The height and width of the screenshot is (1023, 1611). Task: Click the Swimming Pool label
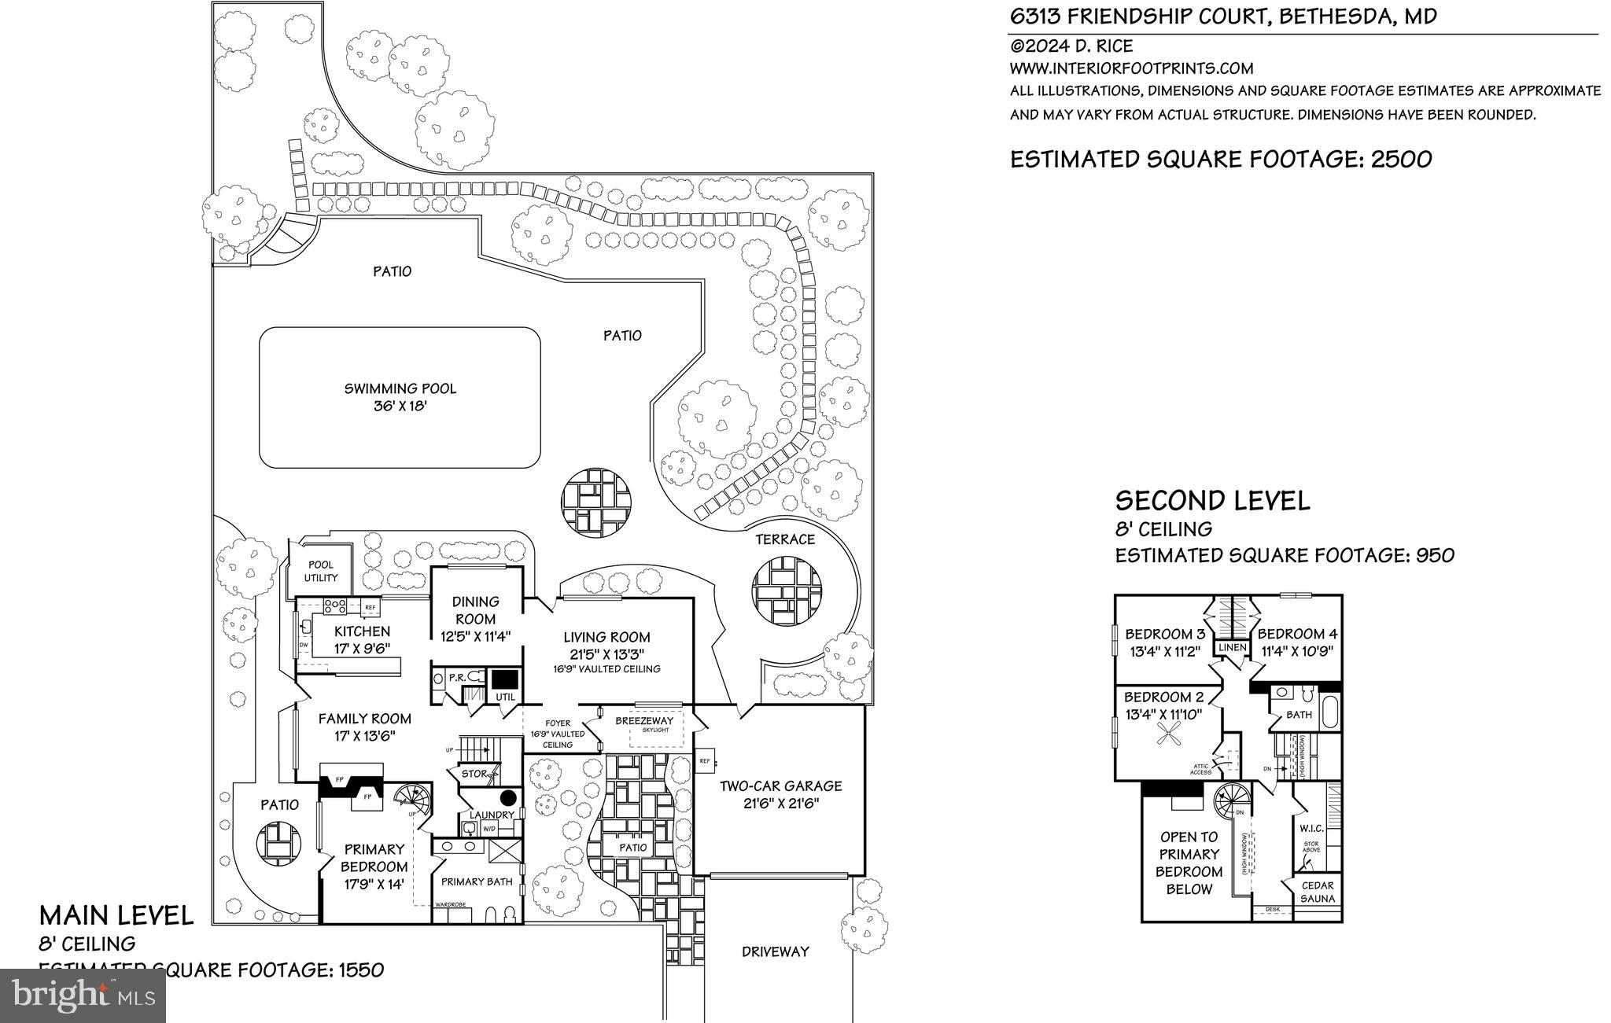pyautogui.click(x=400, y=388)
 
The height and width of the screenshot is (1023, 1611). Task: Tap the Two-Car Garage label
pyautogui.click(x=780, y=786)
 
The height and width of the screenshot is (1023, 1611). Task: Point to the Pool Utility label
pyautogui.click(x=321, y=571)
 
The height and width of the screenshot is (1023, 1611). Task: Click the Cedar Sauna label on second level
pyautogui.click(x=1317, y=892)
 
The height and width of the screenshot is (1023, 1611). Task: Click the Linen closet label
pyautogui.click(x=1233, y=648)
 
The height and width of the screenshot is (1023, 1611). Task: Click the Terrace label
pyautogui.click(x=785, y=539)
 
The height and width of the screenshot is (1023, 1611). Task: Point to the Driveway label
pyautogui.click(x=775, y=951)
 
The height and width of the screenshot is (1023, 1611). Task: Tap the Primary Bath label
pyautogui.click(x=477, y=881)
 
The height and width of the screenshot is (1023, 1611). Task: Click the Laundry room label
pyautogui.click(x=492, y=815)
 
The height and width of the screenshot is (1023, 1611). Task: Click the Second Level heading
pyautogui.click(x=1212, y=501)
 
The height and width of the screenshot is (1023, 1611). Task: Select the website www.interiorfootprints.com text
pyautogui.click(x=1131, y=68)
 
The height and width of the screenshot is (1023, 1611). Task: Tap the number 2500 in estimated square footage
pyautogui.click(x=1401, y=160)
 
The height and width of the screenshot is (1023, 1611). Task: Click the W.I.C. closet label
pyautogui.click(x=1311, y=829)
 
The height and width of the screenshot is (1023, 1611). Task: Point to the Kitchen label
pyautogui.click(x=362, y=631)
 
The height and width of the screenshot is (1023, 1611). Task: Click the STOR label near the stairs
pyautogui.click(x=474, y=774)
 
